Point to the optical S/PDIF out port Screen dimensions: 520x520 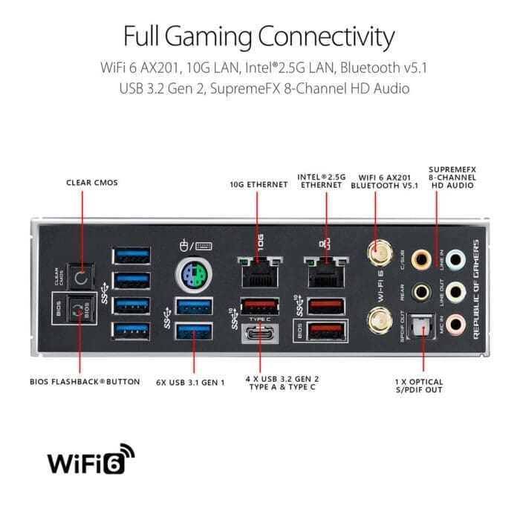click(x=423, y=325)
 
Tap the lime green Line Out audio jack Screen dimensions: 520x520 click(x=458, y=291)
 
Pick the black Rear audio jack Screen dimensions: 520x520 click(x=423, y=291)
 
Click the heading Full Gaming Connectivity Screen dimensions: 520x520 click(x=259, y=36)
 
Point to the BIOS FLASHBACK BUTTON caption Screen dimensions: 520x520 click(x=85, y=382)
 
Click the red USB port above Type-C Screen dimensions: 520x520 click(x=256, y=305)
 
